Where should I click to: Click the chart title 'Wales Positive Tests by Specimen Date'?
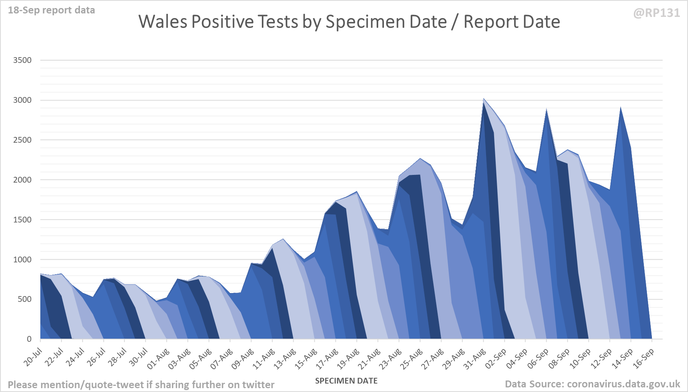click(x=349, y=22)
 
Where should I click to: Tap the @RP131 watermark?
click(x=656, y=13)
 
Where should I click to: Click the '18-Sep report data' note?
click(x=51, y=10)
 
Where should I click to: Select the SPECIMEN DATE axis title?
click(x=346, y=381)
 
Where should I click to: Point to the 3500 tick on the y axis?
click(x=22, y=60)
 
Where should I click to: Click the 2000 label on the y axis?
click(x=22, y=180)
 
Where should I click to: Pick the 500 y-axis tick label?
click(x=24, y=299)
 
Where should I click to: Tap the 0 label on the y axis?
click(x=29, y=339)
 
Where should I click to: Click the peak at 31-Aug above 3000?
click(x=484, y=99)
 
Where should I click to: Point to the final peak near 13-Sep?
click(x=620, y=108)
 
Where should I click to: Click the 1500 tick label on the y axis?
click(x=22, y=220)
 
